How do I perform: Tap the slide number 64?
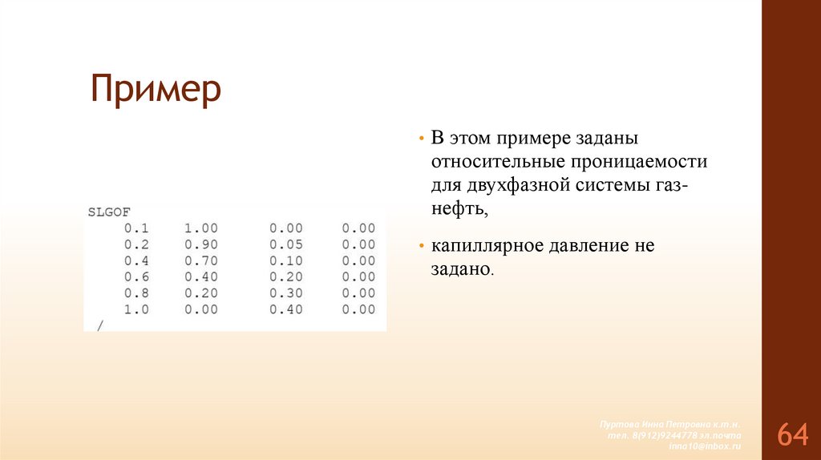tap(791, 435)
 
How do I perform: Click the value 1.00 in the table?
tap(200, 228)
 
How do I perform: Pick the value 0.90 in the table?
tap(200, 244)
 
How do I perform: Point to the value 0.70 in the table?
tap(200, 260)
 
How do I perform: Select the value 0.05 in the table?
tap(285, 244)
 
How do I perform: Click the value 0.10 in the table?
tap(285, 260)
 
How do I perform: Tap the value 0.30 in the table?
tap(285, 293)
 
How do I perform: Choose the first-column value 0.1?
tap(136, 228)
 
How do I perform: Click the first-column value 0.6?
tap(136, 277)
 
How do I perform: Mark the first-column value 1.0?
tap(136, 309)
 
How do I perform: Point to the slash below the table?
tap(100, 325)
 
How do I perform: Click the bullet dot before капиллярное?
tap(420, 245)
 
